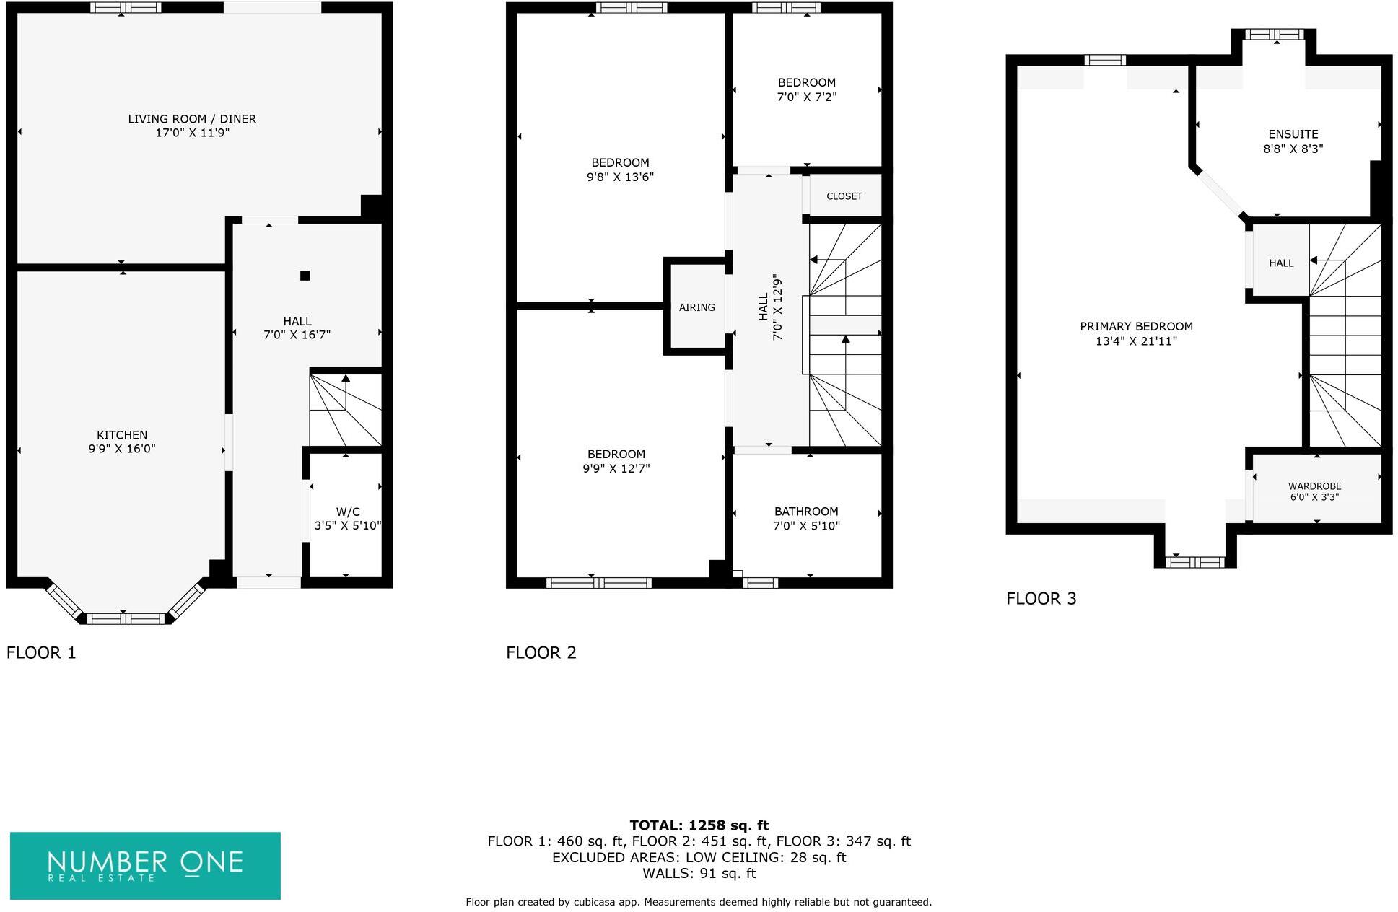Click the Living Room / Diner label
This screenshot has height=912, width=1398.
(x=192, y=119)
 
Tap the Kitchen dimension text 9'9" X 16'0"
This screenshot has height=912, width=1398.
(x=122, y=449)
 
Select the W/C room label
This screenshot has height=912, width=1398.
(x=348, y=512)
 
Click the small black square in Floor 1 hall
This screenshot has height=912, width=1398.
(x=305, y=276)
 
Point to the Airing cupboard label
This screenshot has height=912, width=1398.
(x=696, y=307)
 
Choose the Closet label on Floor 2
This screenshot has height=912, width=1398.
(x=844, y=196)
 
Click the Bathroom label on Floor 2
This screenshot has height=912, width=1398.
(x=806, y=512)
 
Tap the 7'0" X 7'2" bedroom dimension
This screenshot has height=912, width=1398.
(x=806, y=97)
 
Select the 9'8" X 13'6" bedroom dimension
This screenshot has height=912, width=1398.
(x=620, y=177)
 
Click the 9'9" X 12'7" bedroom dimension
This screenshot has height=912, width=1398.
(x=616, y=468)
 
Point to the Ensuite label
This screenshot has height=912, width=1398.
(x=1293, y=134)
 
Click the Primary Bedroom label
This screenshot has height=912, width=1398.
(x=1136, y=327)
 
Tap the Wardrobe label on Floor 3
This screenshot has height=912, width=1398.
(x=1314, y=486)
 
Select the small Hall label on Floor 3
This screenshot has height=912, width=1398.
(x=1281, y=263)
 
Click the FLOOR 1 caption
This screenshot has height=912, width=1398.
(x=41, y=653)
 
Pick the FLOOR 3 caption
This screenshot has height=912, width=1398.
(x=1041, y=599)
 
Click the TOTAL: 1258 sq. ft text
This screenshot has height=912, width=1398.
(x=699, y=825)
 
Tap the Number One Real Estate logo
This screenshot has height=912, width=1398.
(x=145, y=866)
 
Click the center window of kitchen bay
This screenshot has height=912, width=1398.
(x=126, y=618)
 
